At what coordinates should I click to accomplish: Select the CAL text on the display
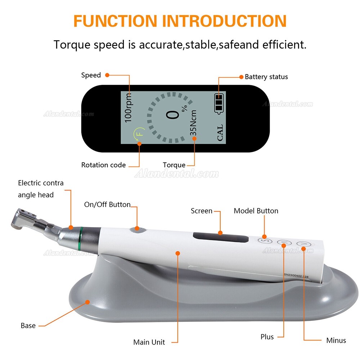pos(220,132)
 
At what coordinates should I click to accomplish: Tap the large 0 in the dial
pos(173,115)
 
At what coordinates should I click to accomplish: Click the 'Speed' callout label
pos(91,75)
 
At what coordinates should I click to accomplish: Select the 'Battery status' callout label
pos(266,77)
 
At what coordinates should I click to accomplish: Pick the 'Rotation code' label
pos(103,165)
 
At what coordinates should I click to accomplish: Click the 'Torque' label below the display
pos(174,165)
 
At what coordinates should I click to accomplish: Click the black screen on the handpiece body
pos(220,238)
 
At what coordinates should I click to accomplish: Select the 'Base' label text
pos(28,326)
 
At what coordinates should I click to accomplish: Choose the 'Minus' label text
pos(336,340)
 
